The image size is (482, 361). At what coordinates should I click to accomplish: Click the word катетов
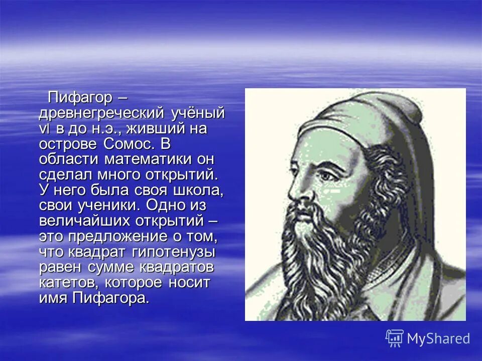[64, 282]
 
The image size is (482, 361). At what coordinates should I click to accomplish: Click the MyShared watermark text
[438, 338]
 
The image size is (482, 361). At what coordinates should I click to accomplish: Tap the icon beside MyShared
[395, 338]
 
